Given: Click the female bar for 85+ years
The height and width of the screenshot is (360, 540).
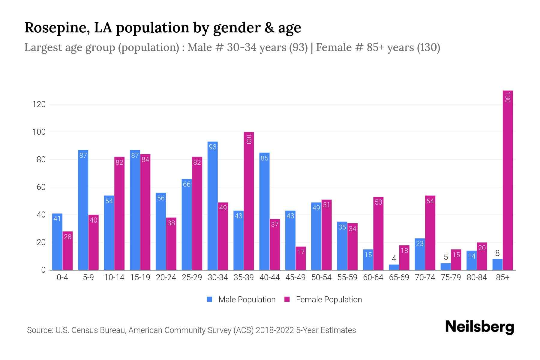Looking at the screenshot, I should click(508, 180).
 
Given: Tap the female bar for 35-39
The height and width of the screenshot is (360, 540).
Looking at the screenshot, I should click(249, 201).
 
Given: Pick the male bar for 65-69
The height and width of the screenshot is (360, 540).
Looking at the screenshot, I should click(394, 267).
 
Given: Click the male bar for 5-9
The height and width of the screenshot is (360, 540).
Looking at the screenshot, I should click(83, 210).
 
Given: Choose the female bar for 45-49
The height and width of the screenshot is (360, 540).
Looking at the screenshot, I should click(301, 258).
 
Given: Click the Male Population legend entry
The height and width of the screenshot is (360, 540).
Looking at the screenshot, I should click(241, 299).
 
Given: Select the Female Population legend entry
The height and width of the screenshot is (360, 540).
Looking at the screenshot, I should click(323, 299).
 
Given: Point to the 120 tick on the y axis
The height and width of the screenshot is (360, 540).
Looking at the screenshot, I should click(39, 104).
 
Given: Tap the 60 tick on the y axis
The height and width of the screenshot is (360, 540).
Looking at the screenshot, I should click(41, 187).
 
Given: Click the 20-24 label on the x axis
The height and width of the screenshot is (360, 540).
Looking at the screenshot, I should click(166, 277).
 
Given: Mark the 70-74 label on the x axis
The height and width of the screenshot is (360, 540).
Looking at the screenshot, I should click(425, 277).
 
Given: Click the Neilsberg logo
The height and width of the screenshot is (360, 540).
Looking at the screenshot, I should click(479, 327).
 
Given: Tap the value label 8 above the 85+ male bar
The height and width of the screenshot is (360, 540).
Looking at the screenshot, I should click(497, 253).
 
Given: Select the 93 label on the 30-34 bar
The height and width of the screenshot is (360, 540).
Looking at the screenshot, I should click(213, 147).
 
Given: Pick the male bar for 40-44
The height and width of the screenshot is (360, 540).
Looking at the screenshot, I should click(264, 211).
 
